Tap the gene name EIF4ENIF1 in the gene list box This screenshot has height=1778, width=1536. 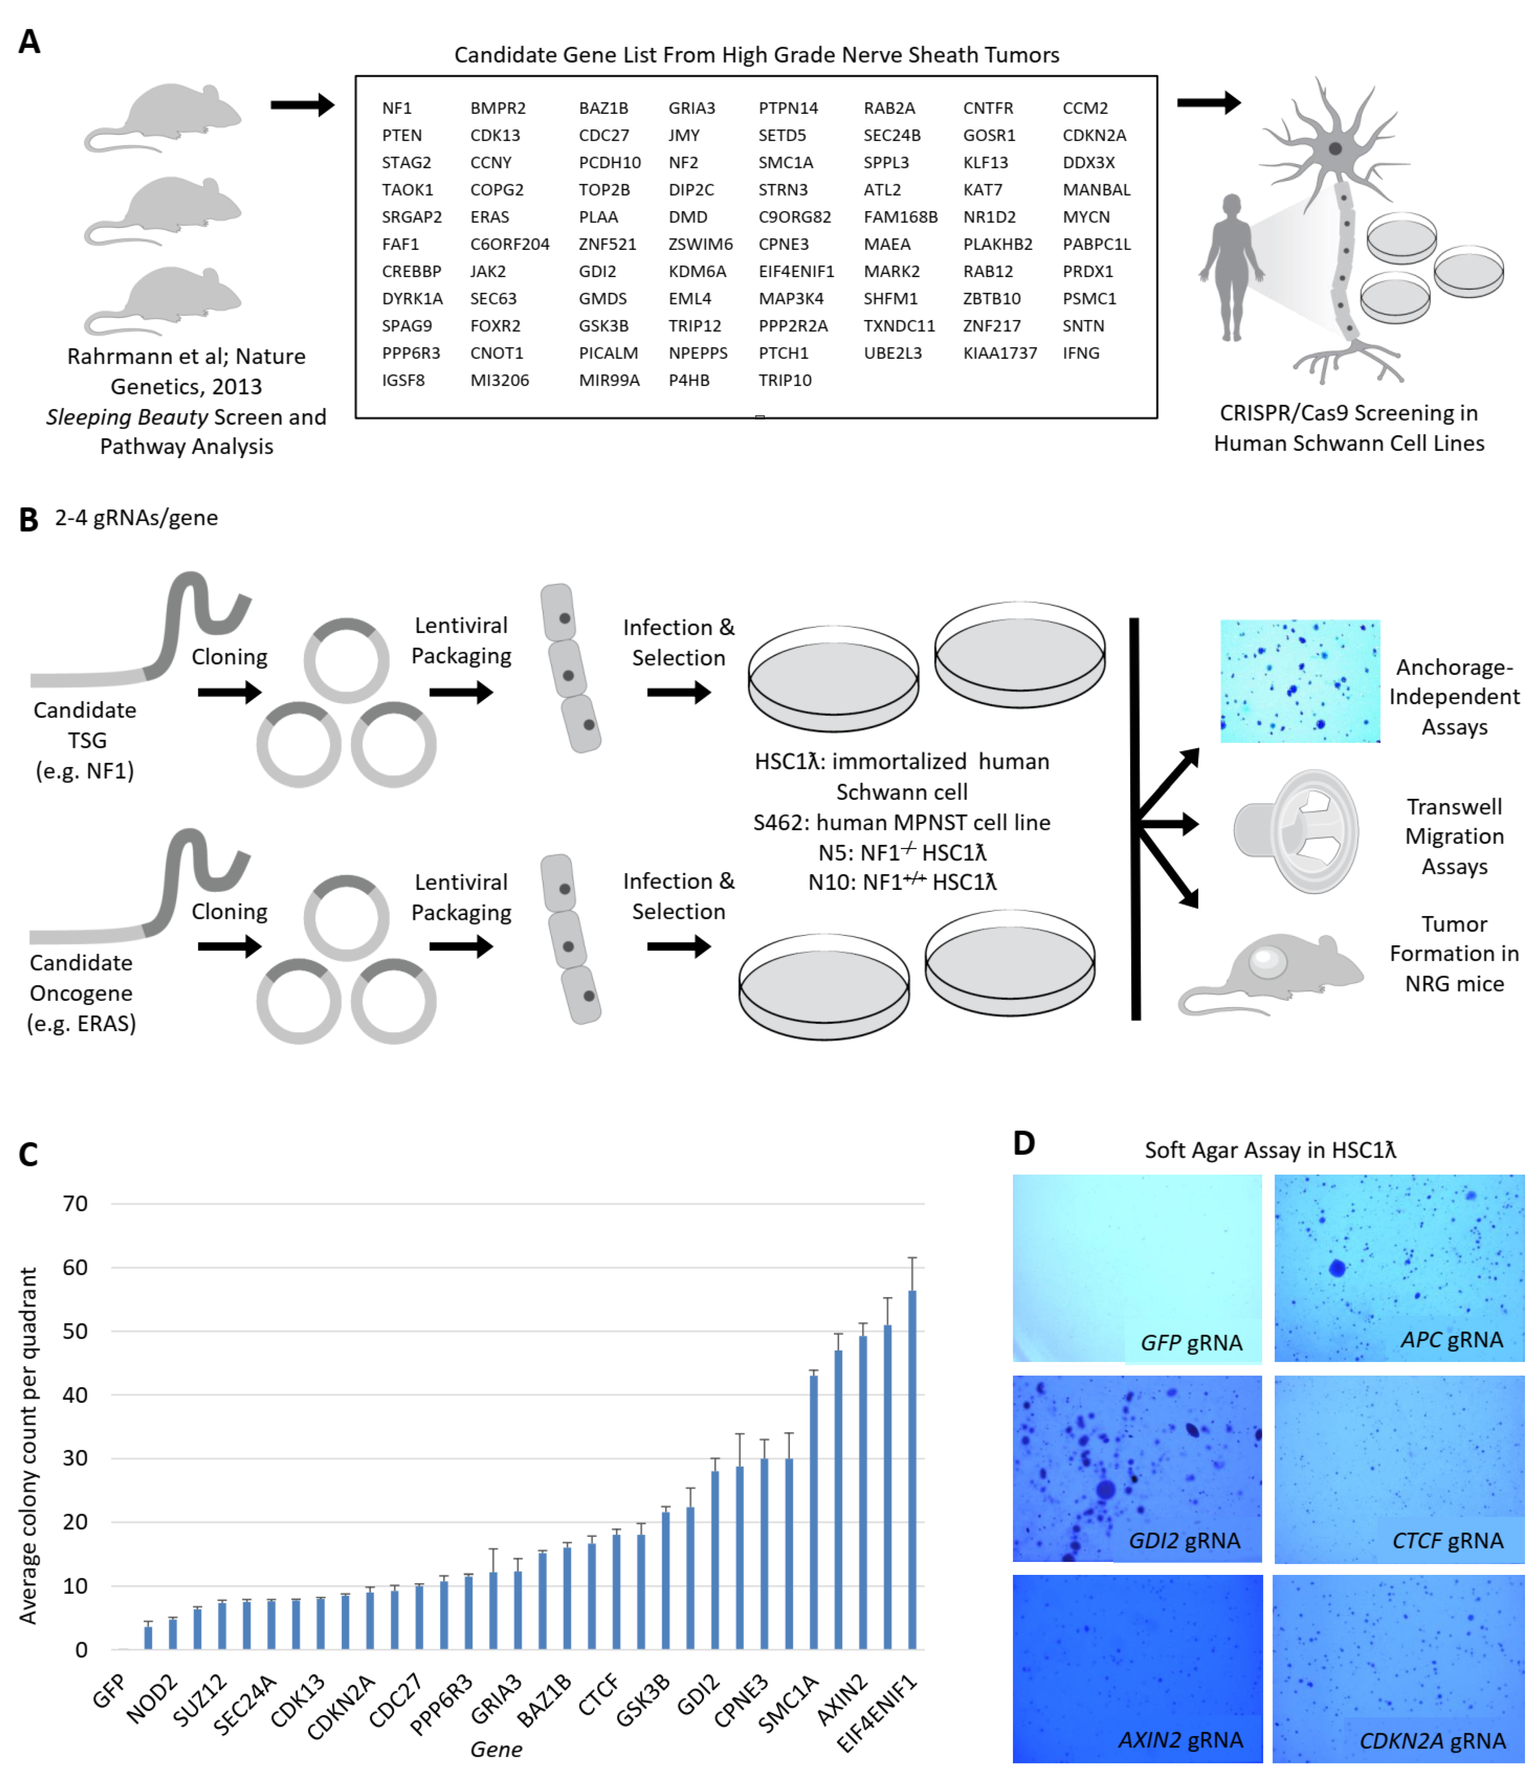[x=795, y=271]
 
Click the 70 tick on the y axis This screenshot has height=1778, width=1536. [x=76, y=1204]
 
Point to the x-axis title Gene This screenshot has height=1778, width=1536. [x=496, y=1749]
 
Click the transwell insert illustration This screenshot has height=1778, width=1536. [x=1296, y=831]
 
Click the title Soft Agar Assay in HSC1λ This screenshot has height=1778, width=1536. [x=1270, y=1150]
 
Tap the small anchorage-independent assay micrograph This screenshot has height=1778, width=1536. [x=1300, y=680]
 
